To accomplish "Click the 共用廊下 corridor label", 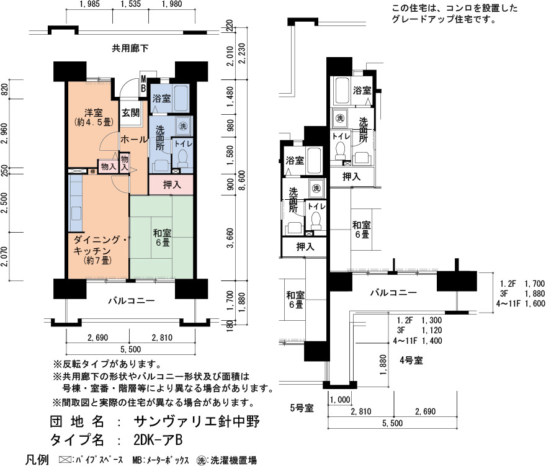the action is click(x=130, y=48).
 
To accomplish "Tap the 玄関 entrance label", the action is click(x=130, y=112).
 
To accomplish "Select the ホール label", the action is click(x=134, y=140).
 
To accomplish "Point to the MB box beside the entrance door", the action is click(x=143, y=84).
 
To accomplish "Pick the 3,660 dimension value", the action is click(x=230, y=238).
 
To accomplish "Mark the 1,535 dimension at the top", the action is click(x=130, y=4).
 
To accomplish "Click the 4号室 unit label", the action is click(x=411, y=361).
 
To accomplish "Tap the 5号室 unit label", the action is click(x=302, y=408).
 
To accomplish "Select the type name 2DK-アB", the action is click(x=158, y=440).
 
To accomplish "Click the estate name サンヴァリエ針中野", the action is click(x=197, y=421).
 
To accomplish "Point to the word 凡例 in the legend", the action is click(x=37, y=460).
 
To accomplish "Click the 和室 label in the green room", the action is click(x=162, y=233).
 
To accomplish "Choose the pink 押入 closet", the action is click(x=171, y=185).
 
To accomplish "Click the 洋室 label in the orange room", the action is click(x=93, y=113).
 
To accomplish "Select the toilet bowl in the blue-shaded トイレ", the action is click(x=182, y=158).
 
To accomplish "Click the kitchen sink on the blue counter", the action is click(x=76, y=212).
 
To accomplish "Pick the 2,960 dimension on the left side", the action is click(x=4, y=133).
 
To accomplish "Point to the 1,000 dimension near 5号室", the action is click(x=340, y=400).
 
